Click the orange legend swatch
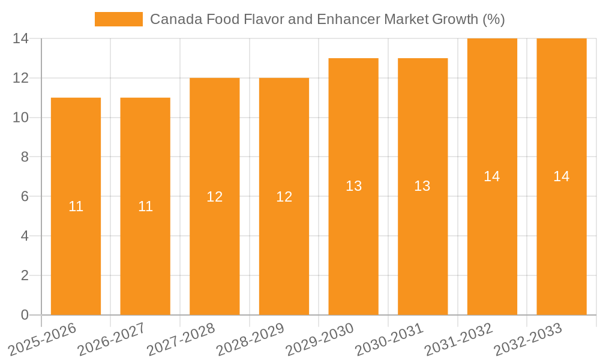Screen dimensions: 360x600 pos(119,19)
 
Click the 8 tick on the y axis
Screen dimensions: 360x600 pos(25,157)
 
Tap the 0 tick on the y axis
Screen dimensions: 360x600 pos(25,315)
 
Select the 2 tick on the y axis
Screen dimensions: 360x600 pos(25,275)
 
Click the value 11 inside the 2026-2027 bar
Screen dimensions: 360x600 pos(145,206)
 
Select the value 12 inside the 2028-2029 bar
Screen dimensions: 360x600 pos(284,197)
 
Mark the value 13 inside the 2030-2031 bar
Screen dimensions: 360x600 pos(422,186)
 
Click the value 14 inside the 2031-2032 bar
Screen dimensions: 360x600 pos(492,176)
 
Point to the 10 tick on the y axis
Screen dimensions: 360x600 pos(20,118)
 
